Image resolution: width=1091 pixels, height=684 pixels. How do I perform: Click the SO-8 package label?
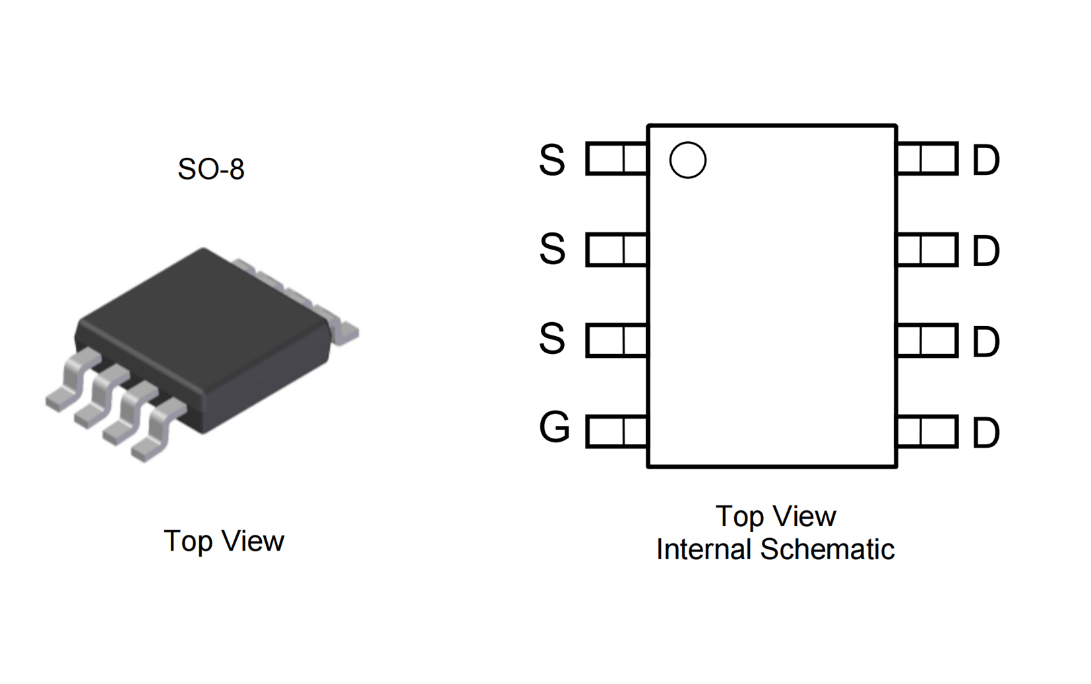point(211,169)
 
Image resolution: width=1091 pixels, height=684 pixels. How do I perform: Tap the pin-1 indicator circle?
point(688,160)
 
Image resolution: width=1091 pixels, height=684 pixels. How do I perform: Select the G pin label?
point(554,428)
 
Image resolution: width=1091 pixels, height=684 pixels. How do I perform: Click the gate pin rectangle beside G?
point(616,432)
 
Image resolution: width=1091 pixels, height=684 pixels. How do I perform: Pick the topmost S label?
point(552,160)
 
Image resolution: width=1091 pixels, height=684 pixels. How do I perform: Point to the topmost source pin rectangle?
point(616,158)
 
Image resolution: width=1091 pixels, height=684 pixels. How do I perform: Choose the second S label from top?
point(552,250)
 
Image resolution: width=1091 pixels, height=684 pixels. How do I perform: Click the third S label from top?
point(552,339)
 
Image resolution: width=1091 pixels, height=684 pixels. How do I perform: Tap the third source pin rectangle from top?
point(616,341)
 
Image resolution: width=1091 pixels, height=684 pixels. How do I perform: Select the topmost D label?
point(986,160)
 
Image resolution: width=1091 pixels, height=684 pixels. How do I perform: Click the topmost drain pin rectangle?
point(927,158)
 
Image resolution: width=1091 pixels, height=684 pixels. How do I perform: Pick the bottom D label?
point(986,434)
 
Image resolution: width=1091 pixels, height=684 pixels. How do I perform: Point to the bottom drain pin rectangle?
point(927,432)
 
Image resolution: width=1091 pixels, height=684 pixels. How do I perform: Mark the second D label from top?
point(986,252)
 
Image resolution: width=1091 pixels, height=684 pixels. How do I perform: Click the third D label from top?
point(986,343)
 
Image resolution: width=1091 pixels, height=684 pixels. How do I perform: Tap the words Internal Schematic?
point(775,549)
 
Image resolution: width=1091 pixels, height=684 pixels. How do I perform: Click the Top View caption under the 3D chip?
point(224,541)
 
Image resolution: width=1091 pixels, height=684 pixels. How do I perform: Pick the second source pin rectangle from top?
point(616,250)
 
